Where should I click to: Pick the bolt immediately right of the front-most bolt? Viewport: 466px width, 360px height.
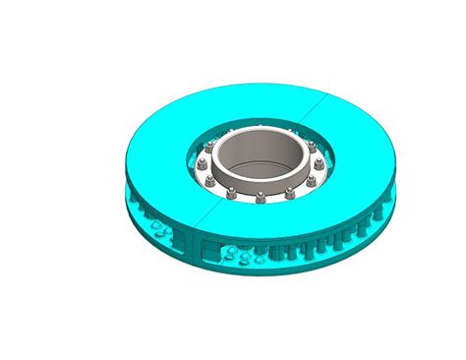289,193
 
